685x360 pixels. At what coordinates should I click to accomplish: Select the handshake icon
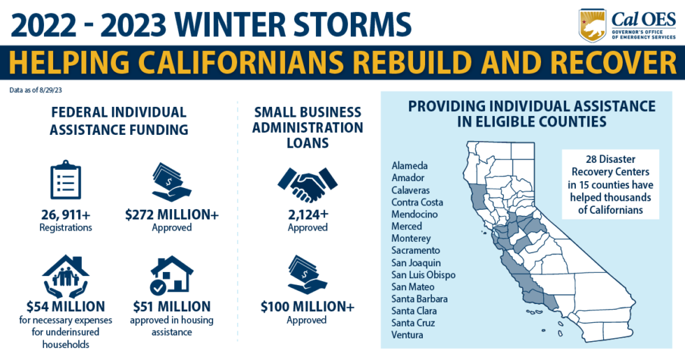click(307, 184)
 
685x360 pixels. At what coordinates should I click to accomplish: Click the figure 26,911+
click(65, 215)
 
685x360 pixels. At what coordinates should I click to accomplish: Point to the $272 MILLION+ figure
click(171, 215)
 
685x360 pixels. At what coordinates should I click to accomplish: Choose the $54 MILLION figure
click(66, 306)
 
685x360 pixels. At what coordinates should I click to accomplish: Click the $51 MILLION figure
click(171, 306)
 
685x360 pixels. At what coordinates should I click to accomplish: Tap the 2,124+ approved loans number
click(307, 215)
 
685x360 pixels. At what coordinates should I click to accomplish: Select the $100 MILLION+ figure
click(307, 306)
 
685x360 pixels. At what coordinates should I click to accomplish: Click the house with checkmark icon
click(171, 274)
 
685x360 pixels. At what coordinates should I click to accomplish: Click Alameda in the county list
click(410, 166)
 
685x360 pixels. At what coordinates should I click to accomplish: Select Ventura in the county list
click(408, 335)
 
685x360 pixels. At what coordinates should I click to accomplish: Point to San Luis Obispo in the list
click(423, 275)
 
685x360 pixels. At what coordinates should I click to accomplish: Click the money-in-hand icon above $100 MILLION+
click(307, 274)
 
